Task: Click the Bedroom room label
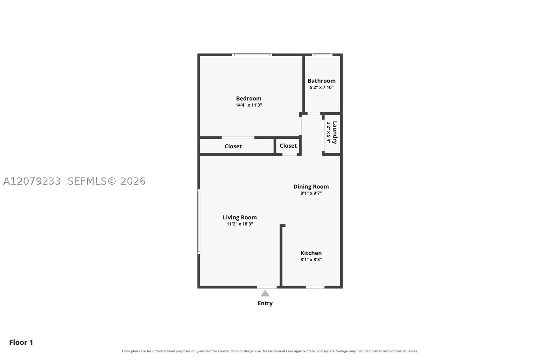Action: (249, 98)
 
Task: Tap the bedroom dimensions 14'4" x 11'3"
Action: (249, 105)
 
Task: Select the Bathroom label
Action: (321, 81)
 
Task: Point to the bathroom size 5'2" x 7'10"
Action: (321, 87)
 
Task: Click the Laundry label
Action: (335, 133)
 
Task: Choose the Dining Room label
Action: (311, 187)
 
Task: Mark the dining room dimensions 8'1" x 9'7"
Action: (311, 193)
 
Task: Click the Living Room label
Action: (240, 217)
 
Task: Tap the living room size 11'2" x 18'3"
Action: (240, 224)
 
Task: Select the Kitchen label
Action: (311, 253)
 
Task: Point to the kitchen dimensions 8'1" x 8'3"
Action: (311, 259)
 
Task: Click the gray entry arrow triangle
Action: (265, 294)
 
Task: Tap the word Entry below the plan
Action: (265, 303)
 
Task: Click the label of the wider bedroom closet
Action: (233, 146)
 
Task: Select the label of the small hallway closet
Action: (288, 146)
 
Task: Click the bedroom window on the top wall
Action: (252, 55)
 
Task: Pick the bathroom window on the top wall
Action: (322, 55)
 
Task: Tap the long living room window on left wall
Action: (199, 222)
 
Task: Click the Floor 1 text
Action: (21, 342)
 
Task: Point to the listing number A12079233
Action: (32, 181)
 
